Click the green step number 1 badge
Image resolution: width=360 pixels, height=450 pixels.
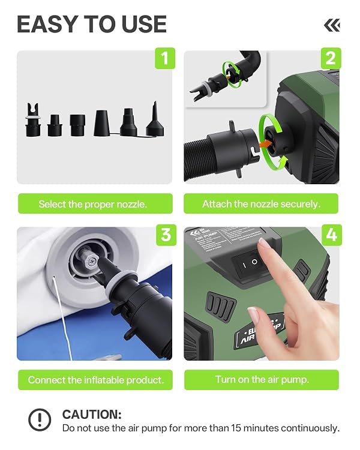click(x=165, y=58)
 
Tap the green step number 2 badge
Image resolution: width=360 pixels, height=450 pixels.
click(x=331, y=58)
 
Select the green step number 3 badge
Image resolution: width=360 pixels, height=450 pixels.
click(x=166, y=235)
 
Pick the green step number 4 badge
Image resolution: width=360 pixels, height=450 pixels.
click(x=332, y=235)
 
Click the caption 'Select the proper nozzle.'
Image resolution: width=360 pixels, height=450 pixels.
click(x=93, y=204)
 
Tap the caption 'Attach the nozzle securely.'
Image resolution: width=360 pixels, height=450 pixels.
click(x=261, y=204)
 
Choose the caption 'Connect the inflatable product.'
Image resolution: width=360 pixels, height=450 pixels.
click(x=96, y=380)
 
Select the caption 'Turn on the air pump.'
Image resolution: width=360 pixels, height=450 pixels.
click(x=262, y=379)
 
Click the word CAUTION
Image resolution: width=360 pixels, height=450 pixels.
click(x=92, y=415)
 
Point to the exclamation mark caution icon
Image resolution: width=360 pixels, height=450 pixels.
click(x=40, y=419)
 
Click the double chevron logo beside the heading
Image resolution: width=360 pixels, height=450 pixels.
click(x=332, y=26)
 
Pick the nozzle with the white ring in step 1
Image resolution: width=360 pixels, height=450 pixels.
click(x=33, y=119)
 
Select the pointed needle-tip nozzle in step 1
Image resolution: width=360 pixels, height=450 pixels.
click(x=155, y=119)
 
